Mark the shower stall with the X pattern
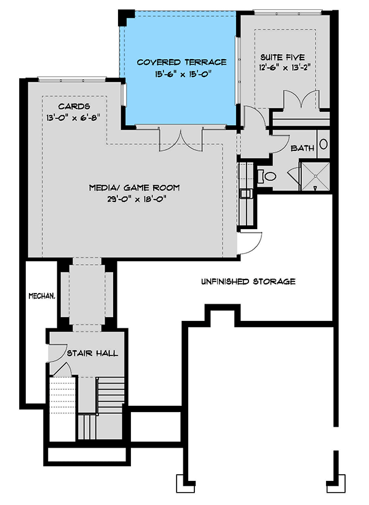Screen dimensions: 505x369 click(x=315, y=177)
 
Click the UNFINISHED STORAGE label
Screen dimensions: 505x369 click(x=248, y=281)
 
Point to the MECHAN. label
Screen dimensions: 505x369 click(x=42, y=296)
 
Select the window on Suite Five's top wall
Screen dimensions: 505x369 click(x=288, y=11)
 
